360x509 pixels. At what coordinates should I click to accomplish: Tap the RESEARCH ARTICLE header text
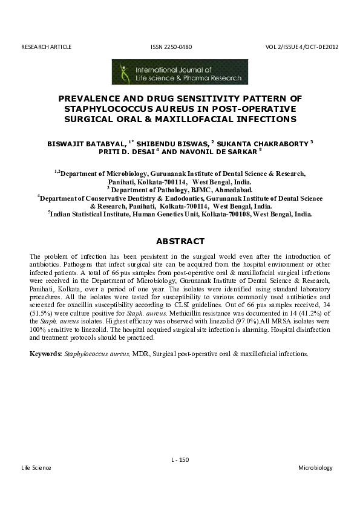(46, 47)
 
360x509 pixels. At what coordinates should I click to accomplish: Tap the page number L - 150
(180, 459)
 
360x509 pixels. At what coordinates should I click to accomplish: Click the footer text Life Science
(36, 468)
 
